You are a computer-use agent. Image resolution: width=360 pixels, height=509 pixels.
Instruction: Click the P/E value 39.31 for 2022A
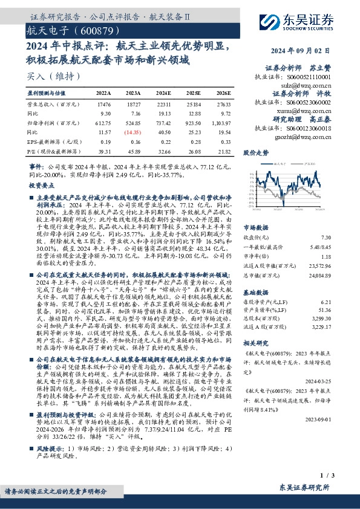pyautogui.click(x=104, y=151)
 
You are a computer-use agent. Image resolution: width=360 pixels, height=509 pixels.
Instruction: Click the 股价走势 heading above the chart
pyautogui.click(x=255, y=154)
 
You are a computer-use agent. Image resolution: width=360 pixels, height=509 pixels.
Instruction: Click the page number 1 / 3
pyautogui.click(x=341, y=478)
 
